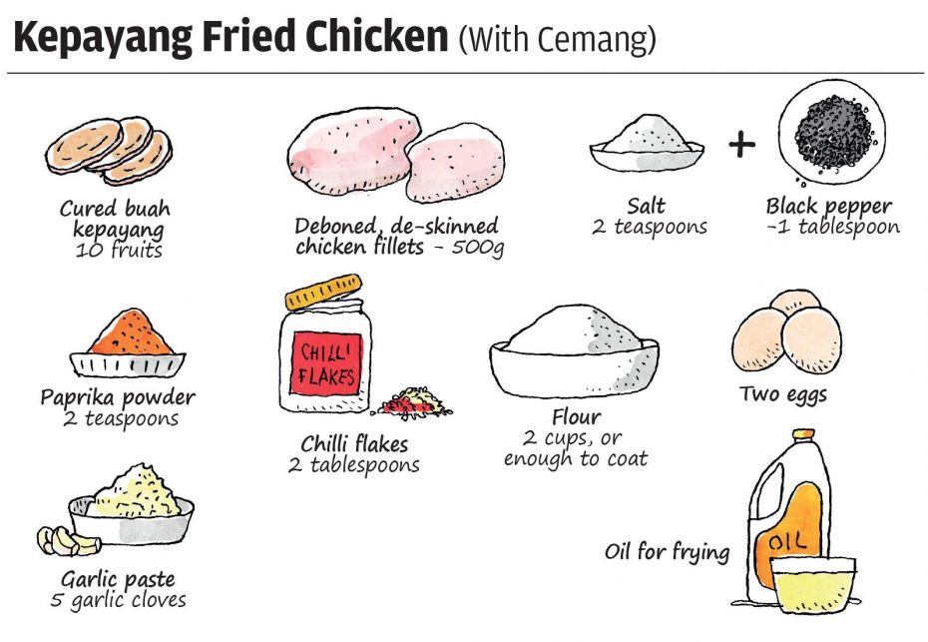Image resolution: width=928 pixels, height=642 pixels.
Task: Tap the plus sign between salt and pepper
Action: (x=741, y=145)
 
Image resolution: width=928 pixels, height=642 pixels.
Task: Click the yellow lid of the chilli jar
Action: (x=323, y=292)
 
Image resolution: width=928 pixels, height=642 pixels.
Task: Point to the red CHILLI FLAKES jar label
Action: (x=326, y=363)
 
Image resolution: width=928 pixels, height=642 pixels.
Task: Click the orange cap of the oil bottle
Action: (x=803, y=434)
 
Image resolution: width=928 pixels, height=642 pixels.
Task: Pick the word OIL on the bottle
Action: (x=787, y=540)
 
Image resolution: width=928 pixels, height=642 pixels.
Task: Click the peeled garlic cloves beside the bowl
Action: (x=67, y=541)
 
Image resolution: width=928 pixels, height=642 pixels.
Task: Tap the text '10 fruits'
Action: (x=119, y=250)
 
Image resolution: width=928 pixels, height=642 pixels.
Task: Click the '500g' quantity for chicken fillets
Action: (x=478, y=247)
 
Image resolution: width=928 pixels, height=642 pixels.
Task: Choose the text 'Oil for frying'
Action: (x=667, y=552)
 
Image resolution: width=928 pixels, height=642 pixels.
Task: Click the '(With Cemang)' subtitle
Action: (x=558, y=40)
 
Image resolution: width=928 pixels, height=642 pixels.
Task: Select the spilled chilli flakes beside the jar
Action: (x=412, y=401)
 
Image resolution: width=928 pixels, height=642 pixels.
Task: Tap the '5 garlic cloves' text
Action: (x=119, y=600)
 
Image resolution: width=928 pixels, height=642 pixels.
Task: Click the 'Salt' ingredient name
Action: (x=646, y=206)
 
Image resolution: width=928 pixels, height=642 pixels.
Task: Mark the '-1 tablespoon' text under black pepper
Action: (x=833, y=227)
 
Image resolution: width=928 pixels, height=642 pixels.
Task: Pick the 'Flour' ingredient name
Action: (x=577, y=417)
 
